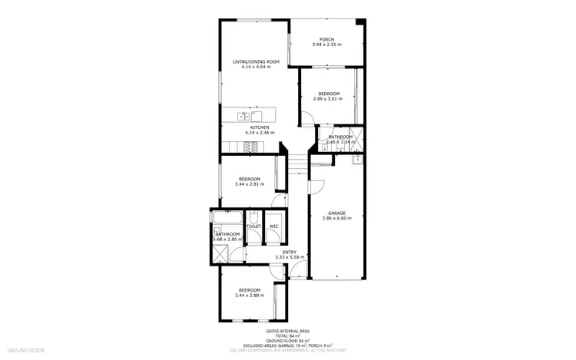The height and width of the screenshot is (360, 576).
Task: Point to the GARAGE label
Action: click(336, 213)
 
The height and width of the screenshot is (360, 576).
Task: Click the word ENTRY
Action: click(290, 252)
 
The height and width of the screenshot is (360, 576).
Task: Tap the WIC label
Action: click(273, 226)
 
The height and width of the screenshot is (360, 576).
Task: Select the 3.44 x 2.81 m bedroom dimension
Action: click(250, 184)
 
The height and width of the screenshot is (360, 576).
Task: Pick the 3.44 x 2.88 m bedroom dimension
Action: click(250, 295)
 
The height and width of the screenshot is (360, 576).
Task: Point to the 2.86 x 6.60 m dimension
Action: click(336, 219)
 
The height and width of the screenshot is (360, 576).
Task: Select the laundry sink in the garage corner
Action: click(357, 160)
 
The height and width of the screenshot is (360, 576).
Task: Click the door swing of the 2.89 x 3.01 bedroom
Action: click(305, 118)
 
